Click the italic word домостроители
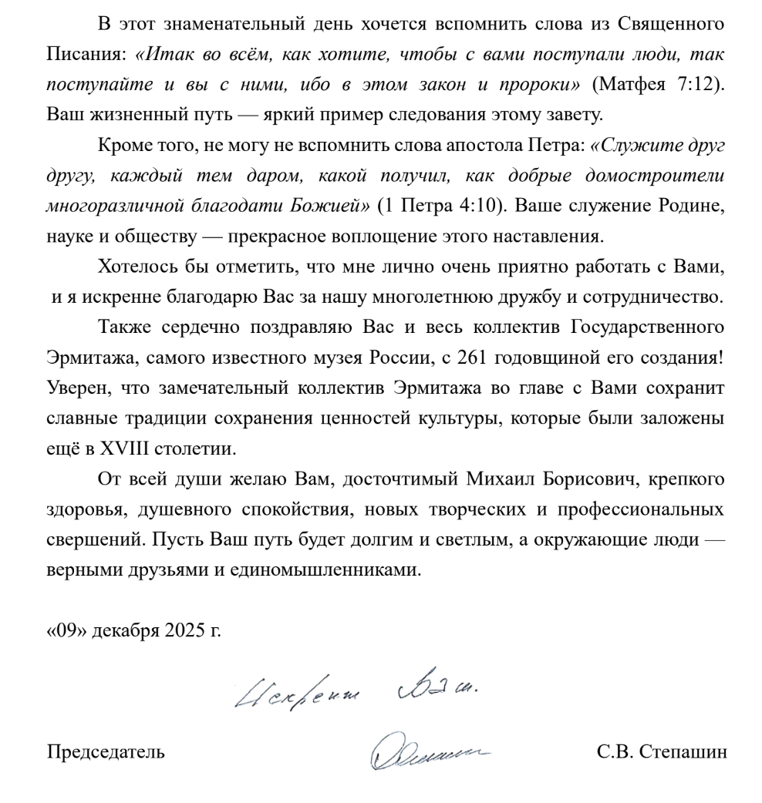[666, 176]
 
